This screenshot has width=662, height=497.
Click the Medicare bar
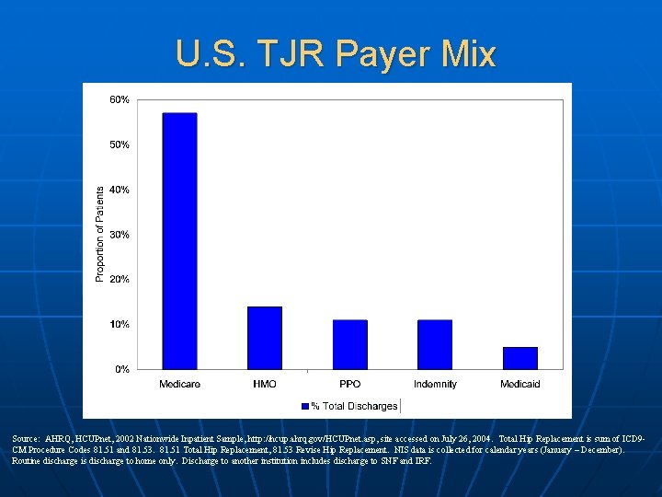tap(179, 241)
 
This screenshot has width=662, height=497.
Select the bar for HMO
tap(265, 338)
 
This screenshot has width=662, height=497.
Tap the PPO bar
tap(349, 344)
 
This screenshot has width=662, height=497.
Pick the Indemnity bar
tap(435, 344)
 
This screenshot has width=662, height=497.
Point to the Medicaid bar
tap(519, 358)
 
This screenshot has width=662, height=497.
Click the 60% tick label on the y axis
tap(120, 99)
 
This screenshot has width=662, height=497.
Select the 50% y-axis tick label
tap(120, 144)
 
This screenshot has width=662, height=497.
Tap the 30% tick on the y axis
tap(120, 235)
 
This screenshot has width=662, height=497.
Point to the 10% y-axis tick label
tap(120, 324)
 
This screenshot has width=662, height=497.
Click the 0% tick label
tap(122, 369)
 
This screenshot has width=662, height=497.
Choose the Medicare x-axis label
tap(179, 384)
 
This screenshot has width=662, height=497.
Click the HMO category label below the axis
tap(265, 384)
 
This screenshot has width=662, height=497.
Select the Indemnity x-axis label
tap(435, 384)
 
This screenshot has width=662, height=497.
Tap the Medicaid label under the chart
tap(519, 384)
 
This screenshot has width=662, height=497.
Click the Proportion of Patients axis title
tap(100, 233)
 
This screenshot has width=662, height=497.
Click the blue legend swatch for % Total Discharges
tap(305, 406)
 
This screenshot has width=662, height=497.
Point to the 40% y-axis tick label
tap(120, 190)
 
